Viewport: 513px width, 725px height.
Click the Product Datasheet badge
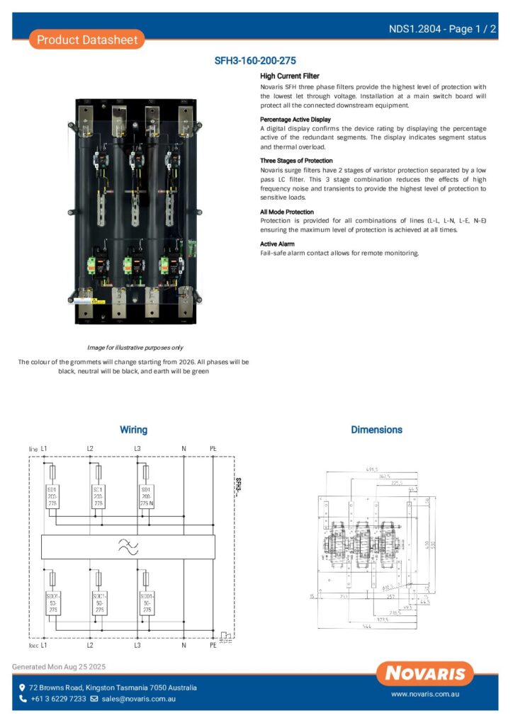(x=87, y=40)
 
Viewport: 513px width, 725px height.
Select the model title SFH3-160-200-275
(x=255, y=62)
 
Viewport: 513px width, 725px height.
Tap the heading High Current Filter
(x=289, y=76)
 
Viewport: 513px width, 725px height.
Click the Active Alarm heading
(x=277, y=244)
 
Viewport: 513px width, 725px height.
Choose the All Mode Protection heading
(x=286, y=212)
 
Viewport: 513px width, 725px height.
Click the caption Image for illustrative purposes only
(x=135, y=348)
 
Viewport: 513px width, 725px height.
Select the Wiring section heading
(x=133, y=430)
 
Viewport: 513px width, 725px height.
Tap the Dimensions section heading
(x=376, y=430)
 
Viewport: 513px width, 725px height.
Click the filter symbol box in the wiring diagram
(x=128, y=547)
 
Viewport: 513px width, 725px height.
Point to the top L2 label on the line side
(x=90, y=449)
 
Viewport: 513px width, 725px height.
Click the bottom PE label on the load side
(x=213, y=645)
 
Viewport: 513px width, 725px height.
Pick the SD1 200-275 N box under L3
(x=147, y=496)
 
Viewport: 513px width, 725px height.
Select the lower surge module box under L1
(x=52, y=603)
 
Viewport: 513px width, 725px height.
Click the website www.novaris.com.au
(x=425, y=695)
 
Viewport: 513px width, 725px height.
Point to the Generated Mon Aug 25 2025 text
(x=59, y=667)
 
